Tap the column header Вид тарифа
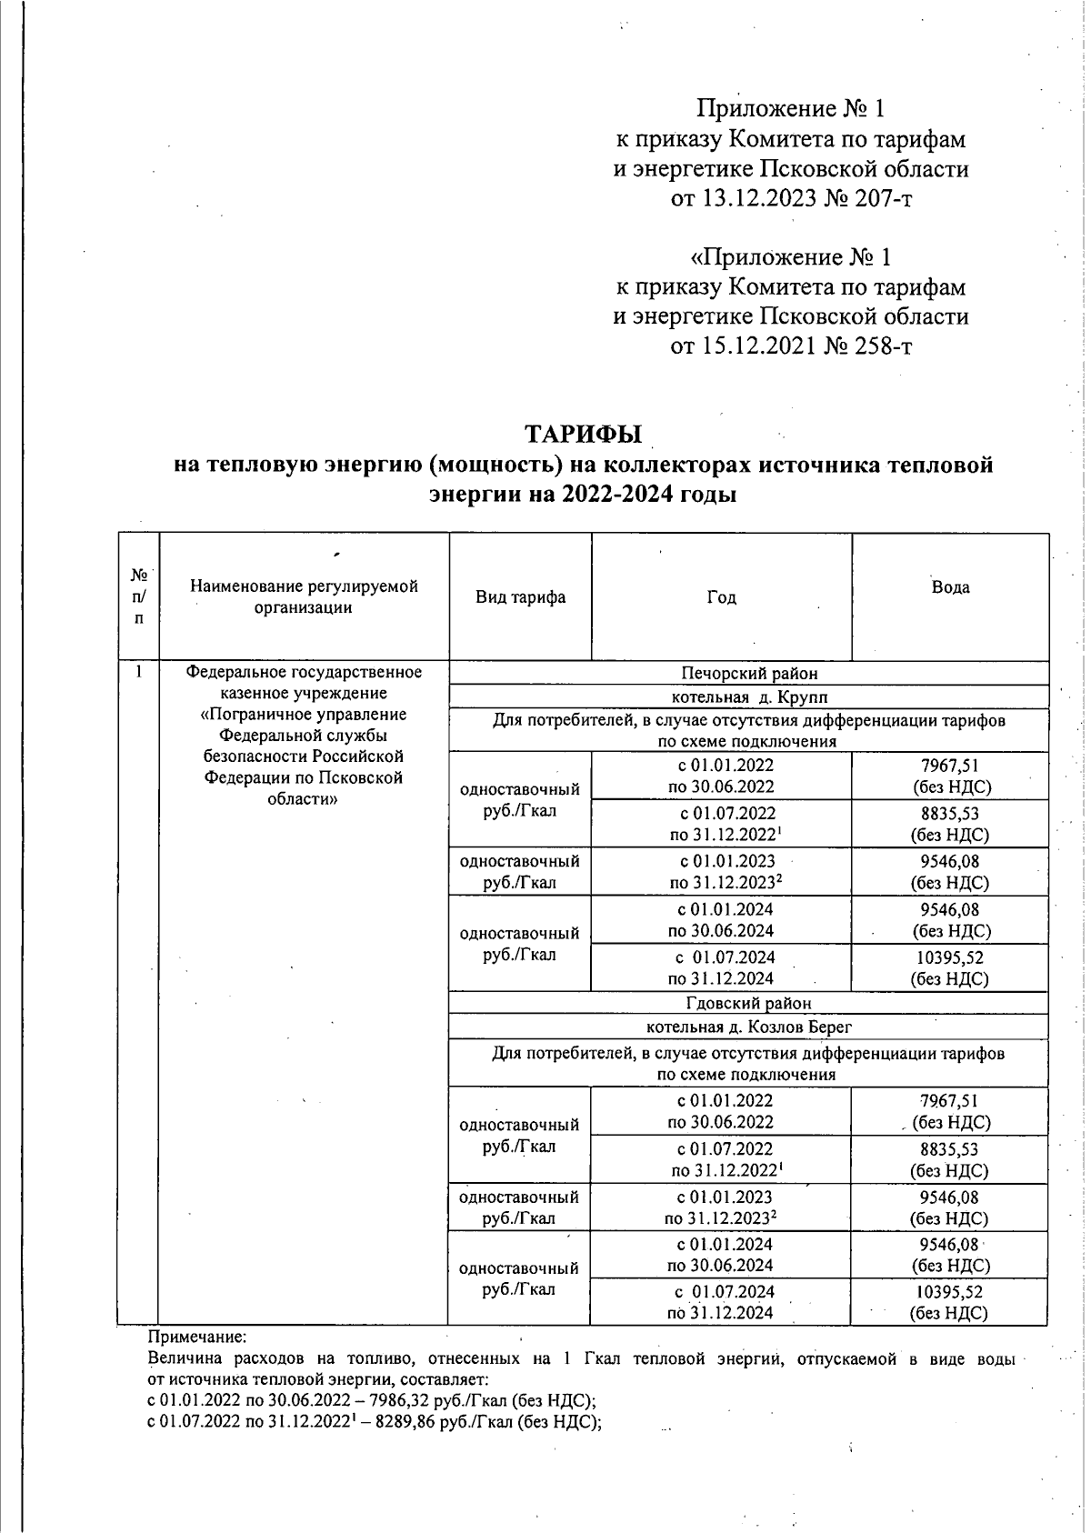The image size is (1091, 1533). [x=520, y=597]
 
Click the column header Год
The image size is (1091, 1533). [x=721, y=597]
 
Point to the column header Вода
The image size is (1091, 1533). [x=950, y=587]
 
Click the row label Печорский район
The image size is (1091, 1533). [x=749, y=674]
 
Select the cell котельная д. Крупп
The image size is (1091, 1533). [x=749, y=697]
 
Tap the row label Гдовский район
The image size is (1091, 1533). [x=749, y=1003]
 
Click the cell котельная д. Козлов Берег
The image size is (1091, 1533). [x=749, y=1027]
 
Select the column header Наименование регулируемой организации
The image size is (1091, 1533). [x=304, y=597]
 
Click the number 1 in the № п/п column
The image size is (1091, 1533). [x=138, y=673]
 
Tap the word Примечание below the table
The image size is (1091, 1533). [x=197, y=1338]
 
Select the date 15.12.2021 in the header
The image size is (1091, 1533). [x=756, y=346]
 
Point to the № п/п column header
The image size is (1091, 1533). [x=139, y=597]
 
